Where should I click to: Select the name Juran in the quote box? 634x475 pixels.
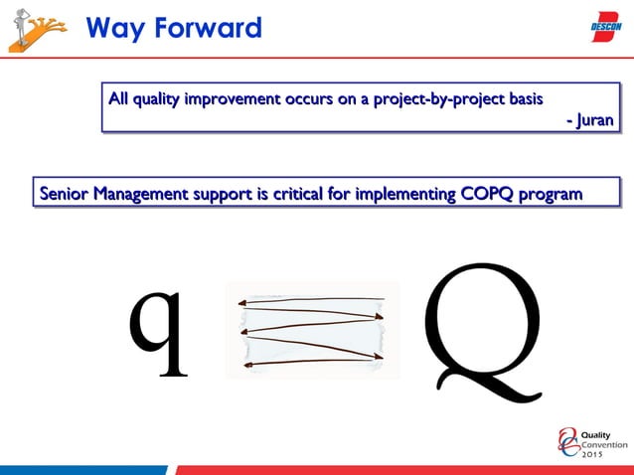pos(596,121)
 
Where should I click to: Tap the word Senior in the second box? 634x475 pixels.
pos(63,193)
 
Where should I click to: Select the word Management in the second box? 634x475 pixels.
pos(144,193)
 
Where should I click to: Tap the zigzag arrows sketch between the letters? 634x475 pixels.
pos(312,330)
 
